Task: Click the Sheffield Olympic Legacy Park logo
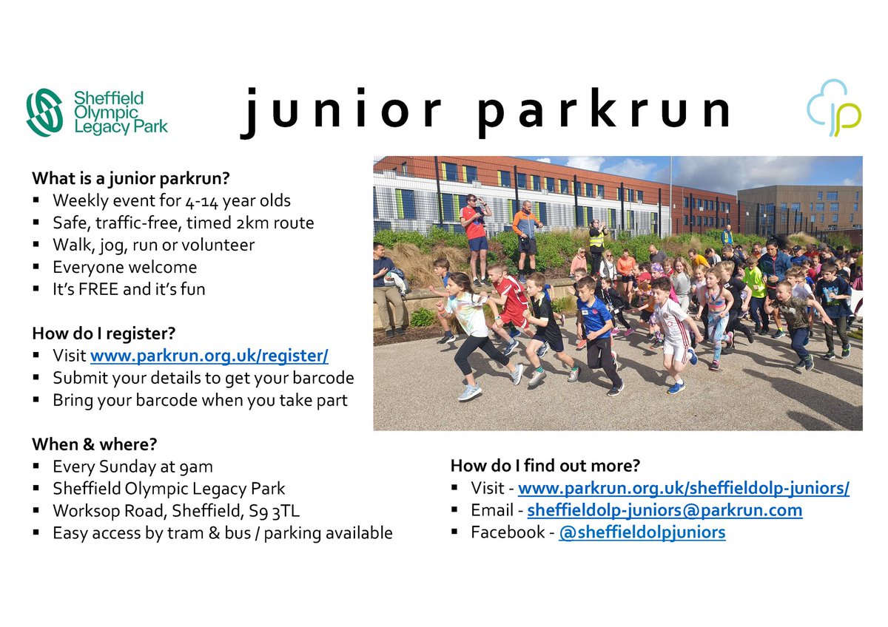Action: [x=96, y=112]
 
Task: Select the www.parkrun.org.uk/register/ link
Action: [x=209, y=356]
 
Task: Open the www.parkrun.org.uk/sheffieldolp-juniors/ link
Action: [x=683, y=488]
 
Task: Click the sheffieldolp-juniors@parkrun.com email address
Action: [x=665, y=510]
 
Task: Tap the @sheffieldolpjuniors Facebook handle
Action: [x=642, y=532]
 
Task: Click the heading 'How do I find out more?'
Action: [x=545, y=466]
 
